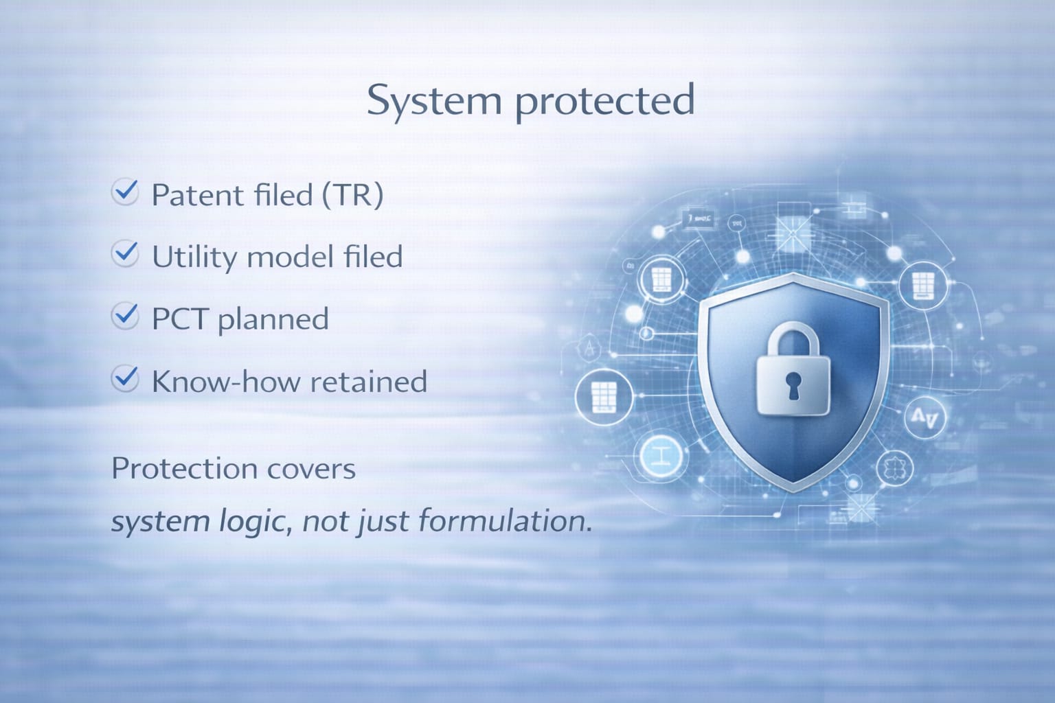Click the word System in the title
[434, 102]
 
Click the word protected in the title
[605, 102]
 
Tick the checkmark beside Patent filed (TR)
[125, 192]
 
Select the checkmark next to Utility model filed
[125, 254]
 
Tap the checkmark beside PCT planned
[125, 316]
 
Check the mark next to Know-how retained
[125, 378]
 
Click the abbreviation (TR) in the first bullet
[352, 194]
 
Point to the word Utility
[194, 257]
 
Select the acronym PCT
[180, 319]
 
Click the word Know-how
[226, 381]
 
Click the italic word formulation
[504, 521]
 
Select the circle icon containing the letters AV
[924, 417]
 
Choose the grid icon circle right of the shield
[922, 286]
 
